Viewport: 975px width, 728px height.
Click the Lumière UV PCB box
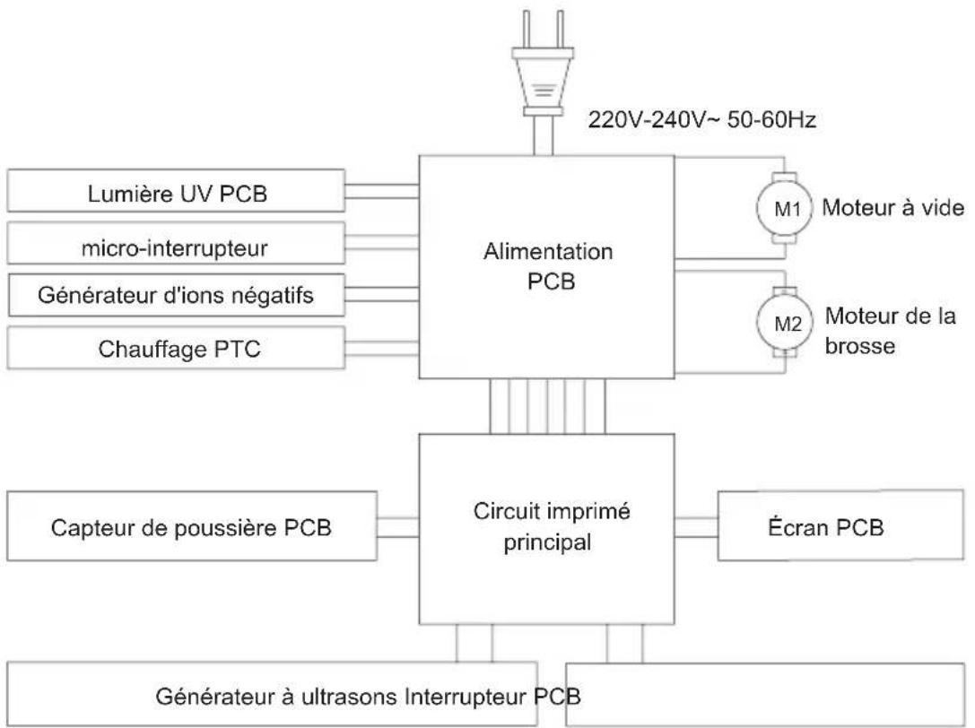point(176,191)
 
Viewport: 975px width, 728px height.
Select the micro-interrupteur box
point(176,243)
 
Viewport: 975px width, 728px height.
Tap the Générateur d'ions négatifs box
point(176,295)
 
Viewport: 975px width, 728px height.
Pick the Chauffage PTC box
point(176,348)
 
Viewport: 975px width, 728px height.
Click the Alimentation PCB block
point(546,266)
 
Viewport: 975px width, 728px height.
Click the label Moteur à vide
point(892,208)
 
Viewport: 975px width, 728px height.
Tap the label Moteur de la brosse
point(891,331)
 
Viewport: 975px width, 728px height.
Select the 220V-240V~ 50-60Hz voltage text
point(702,119)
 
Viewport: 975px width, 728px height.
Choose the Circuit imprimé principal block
point(546,529)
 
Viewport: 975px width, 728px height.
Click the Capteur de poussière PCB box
point(192,526)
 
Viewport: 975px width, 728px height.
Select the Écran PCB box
point(840,526)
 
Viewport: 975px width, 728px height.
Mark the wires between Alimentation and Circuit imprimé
point(547,406)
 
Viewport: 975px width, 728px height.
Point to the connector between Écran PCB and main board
point(696,527)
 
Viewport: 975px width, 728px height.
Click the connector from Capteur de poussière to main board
point(398,527)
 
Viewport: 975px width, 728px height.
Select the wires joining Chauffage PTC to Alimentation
point(382,348)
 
